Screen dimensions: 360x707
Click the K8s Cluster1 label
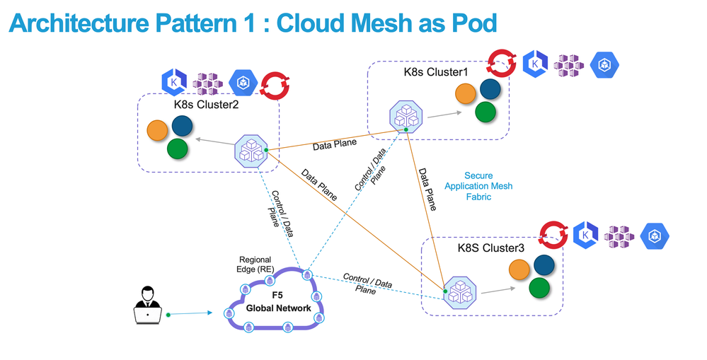tap(436, 71)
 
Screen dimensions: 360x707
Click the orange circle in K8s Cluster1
tap(465, 94)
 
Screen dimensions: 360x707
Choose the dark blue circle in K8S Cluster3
tap(544, 265)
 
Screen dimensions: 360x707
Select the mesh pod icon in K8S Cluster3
tap(460, 291)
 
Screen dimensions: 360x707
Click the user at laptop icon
tap(147, 305)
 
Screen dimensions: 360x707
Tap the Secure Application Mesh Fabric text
tap(478, 186)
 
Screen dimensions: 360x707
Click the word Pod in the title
tap(471, 23)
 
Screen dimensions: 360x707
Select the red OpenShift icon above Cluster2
tap(272, 84)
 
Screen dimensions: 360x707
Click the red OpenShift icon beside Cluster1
tap(502, 62)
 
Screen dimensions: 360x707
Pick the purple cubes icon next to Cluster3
tap(621, 238)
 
